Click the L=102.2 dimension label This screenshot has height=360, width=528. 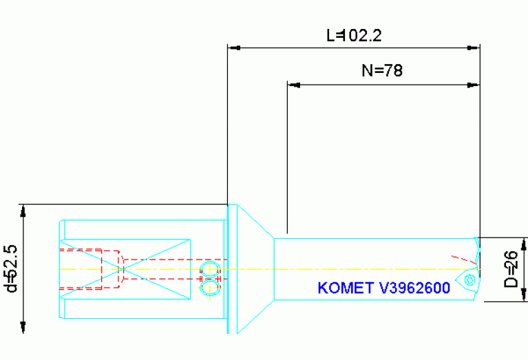353,35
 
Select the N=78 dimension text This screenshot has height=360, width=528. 381,70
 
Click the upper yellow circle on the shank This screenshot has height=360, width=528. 207,268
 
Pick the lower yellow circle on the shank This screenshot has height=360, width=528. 207,288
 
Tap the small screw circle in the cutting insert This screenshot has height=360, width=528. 469,280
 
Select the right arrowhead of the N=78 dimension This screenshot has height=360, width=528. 474,85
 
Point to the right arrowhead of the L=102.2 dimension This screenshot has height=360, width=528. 474,48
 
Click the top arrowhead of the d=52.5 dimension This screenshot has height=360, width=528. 25,210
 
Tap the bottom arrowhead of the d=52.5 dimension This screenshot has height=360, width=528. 25,328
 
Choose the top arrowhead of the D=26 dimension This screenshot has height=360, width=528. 525,243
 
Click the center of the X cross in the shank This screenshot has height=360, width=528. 125,269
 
